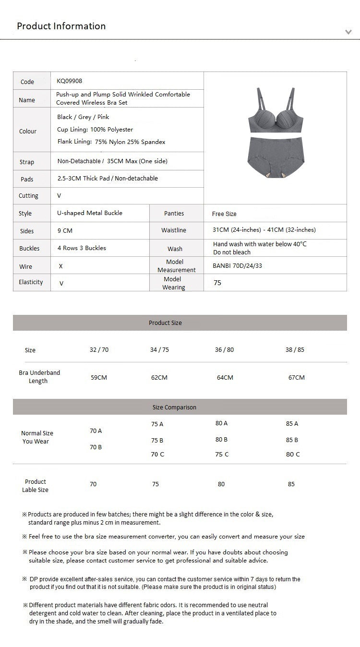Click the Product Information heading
61,26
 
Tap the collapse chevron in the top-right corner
348,32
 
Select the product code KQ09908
69,81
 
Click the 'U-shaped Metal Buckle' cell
90,213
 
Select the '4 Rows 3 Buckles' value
82,248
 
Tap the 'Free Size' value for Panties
224,214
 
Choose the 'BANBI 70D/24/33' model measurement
237,266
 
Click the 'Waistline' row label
174,230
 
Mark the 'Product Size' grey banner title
165,323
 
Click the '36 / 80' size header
224,350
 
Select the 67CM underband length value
296,378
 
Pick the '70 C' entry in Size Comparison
157,455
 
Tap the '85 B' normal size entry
292,440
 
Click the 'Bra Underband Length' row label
39,377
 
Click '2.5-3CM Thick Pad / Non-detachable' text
108,179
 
